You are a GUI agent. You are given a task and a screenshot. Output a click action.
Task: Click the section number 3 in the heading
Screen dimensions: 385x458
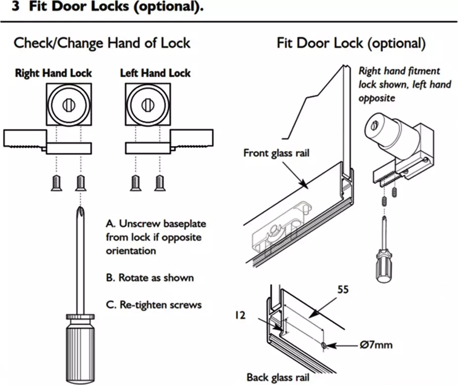point(15,8)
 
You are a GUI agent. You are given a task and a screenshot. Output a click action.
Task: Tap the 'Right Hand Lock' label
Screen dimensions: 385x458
point(53,73)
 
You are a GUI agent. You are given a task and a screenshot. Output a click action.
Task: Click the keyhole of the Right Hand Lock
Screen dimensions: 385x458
point(68,104)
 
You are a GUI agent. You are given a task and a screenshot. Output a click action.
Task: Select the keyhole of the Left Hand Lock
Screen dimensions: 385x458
point(147,104)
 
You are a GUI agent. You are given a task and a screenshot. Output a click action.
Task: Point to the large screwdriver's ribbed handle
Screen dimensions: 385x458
point(79,346)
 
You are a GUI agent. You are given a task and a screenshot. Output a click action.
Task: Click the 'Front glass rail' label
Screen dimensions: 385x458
point(276,153)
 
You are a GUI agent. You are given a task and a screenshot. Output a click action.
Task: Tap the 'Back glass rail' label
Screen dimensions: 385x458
point(278,378)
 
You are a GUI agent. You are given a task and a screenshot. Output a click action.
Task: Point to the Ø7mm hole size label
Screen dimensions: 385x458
point(376,344)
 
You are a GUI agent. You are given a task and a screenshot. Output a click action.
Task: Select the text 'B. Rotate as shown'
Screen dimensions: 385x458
point(150,277)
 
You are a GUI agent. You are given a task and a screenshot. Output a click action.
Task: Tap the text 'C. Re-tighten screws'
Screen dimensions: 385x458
point(154,304)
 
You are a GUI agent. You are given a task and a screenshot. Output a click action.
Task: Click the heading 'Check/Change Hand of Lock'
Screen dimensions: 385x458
point(102,43)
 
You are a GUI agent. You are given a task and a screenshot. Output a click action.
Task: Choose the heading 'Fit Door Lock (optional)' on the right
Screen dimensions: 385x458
point(351,43)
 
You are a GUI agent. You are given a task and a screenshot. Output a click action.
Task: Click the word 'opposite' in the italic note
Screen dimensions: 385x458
point(377,98)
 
